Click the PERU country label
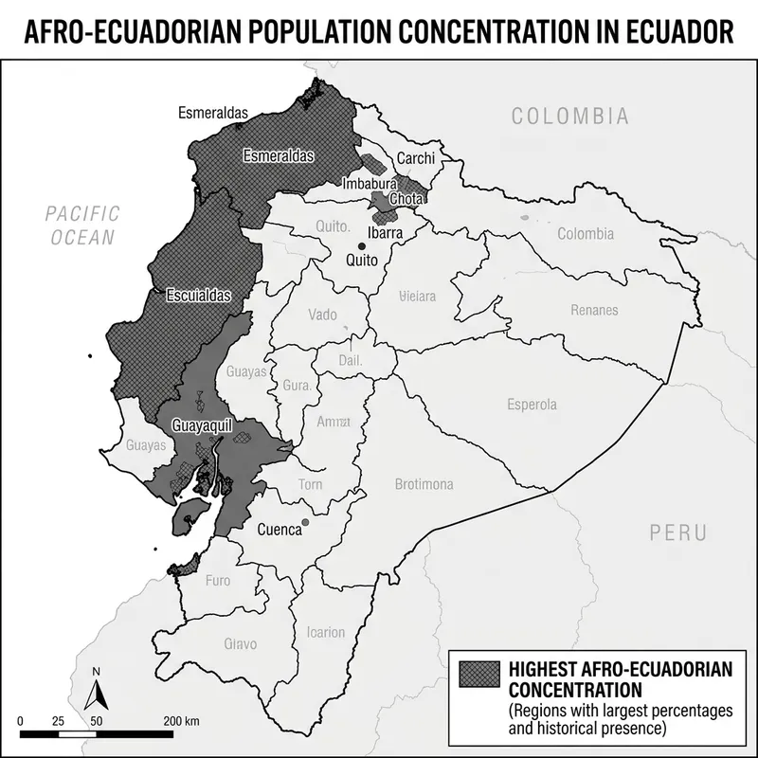[x=678, y=532]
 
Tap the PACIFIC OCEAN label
[x=81, y=226]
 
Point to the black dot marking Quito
[x=361, y=246]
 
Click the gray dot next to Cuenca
[x=305, y=522]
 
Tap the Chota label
[x=406, y=198]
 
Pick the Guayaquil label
[x=202, y=425]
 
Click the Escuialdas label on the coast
[x=198, y=294]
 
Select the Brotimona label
[x=424, y=484]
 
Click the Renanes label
[x=594, y=310]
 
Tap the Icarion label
[x=326, y=632]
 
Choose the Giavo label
[x=240, y=644]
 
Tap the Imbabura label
[x=370, y=183]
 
